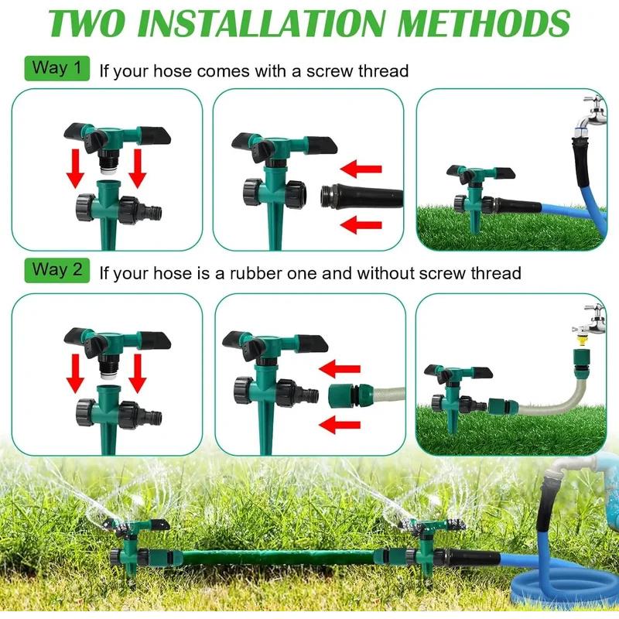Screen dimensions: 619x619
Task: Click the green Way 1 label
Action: tap(57, 67)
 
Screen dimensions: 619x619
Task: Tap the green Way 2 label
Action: tap(57, 270)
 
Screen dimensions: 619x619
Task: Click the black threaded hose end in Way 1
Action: tap(362, 196)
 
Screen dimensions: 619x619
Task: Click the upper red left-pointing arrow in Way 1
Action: tap(362, 168)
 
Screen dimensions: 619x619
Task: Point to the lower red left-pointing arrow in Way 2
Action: tap(340, 424)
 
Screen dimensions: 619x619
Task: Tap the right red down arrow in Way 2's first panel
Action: tap(138, 373)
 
